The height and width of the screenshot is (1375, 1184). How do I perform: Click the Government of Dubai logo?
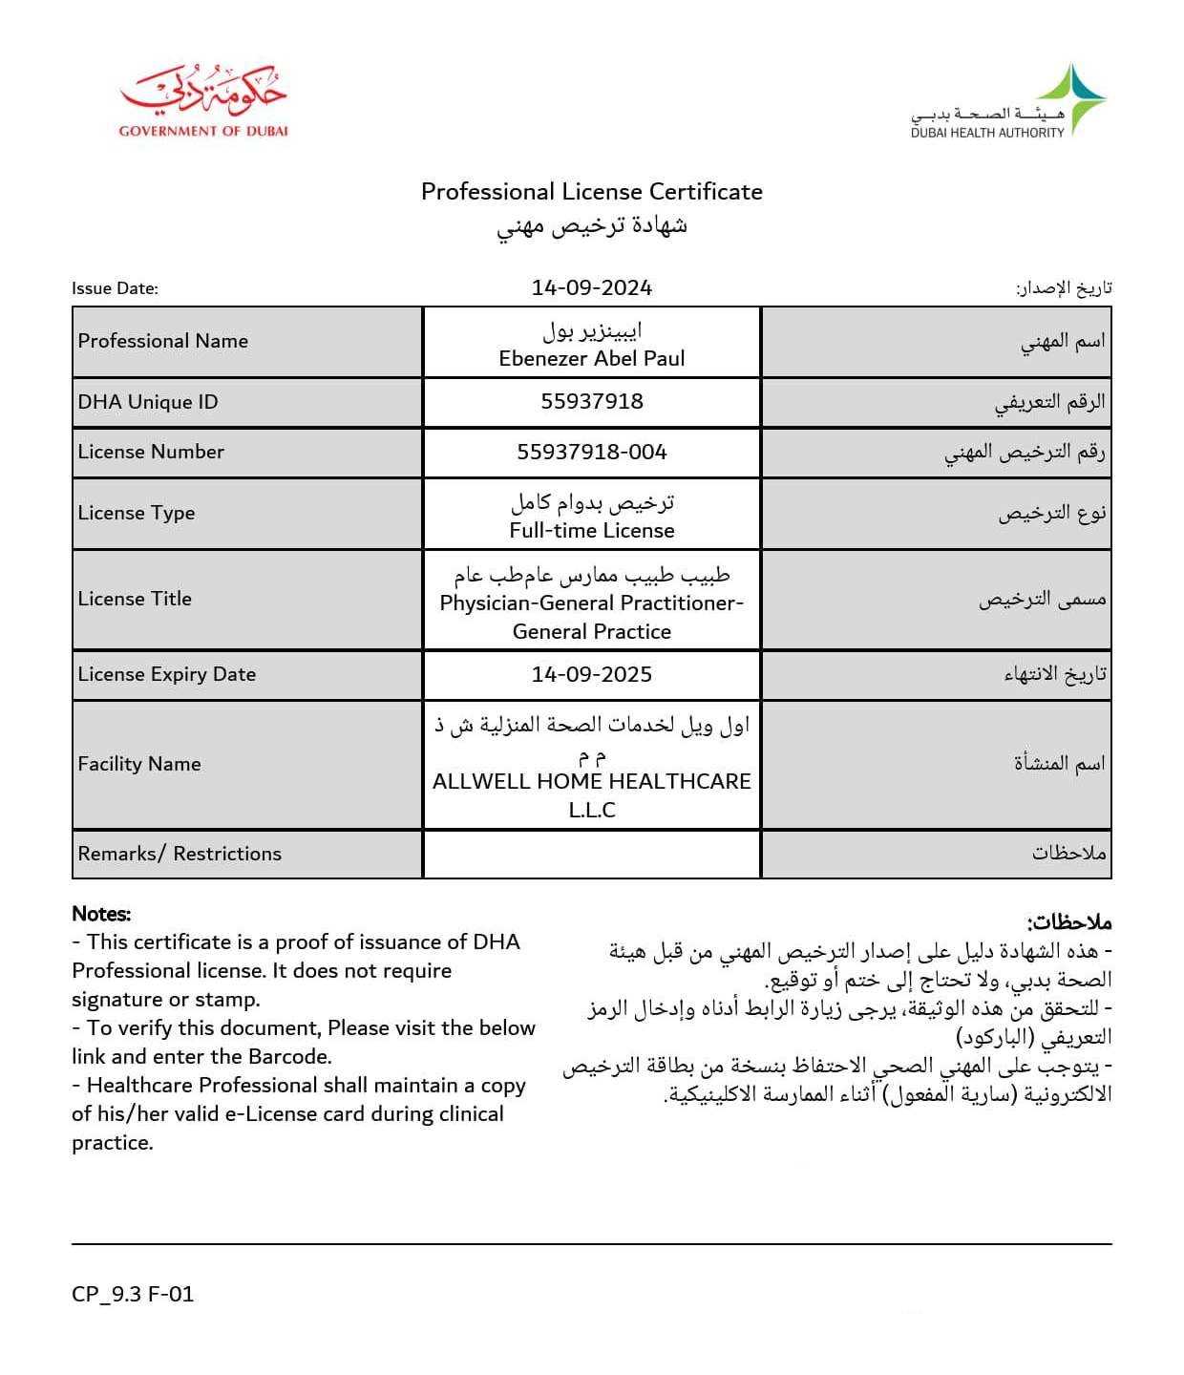(x=203, y=101)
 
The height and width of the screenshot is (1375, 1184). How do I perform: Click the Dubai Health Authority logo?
(x=1007, y=103)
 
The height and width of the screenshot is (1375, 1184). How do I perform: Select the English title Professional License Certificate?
(x=591, y=192)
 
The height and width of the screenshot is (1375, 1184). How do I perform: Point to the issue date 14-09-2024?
(x=591, y=287)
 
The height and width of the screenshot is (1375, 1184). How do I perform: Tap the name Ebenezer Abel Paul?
(x=591, y=358)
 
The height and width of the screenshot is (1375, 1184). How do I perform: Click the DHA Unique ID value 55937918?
(x=591, y=401)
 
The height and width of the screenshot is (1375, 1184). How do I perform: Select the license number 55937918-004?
(x=591, y=452)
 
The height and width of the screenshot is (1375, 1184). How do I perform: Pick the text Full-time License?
(x=591, y=530)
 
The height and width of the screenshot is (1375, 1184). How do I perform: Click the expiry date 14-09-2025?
(x=591, y=674)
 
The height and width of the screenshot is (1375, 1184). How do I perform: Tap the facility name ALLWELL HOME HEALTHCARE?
(x=591, y=781)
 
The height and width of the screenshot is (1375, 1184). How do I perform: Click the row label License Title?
(x=135, y=599)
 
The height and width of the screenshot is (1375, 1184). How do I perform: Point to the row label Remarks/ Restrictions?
(x=180, y=854)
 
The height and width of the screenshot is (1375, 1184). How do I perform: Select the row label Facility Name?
(x=139, y=764)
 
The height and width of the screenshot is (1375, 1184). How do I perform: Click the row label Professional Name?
(x=163, y=341)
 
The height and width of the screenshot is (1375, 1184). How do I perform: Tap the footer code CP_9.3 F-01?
(x=133, y=1294)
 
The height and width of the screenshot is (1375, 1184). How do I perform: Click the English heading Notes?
(x=101, y=914)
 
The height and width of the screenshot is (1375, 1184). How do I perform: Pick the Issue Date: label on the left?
(x=115, y=288)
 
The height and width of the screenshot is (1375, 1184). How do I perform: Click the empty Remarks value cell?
(x=591, y=854)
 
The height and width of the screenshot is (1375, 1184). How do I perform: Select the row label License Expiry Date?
(x=167, y=674)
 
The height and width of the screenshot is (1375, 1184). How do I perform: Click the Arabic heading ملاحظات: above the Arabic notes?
(x=1069, y=922)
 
